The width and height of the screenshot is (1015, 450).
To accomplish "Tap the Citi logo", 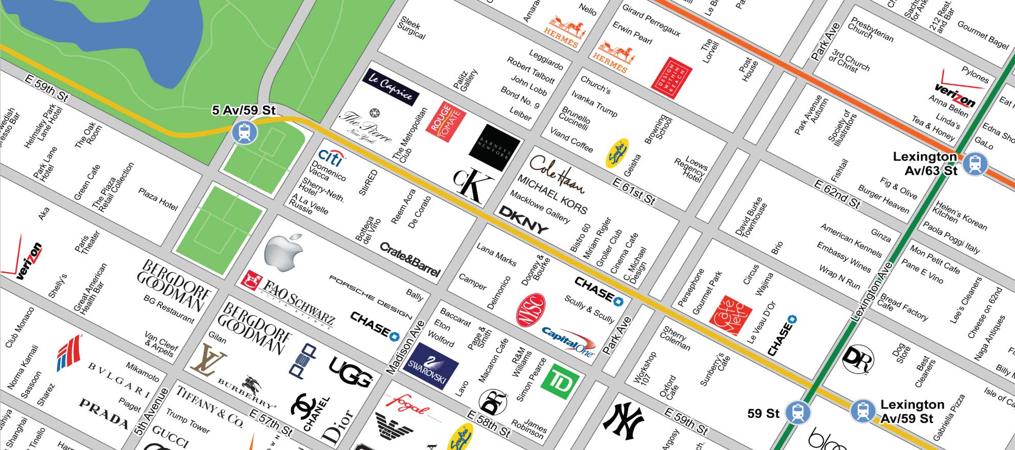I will pos(330,156).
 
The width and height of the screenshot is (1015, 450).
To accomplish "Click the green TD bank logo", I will pos(560,384).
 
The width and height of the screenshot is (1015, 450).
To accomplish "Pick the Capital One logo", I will pos(568,340).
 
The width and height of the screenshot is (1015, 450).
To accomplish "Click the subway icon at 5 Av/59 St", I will pos(245,132).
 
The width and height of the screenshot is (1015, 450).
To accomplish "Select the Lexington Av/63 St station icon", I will pos(975,164).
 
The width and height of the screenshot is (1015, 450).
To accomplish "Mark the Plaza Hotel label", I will pos(158,199).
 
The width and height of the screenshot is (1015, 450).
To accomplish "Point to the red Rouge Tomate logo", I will pos(446,122).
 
